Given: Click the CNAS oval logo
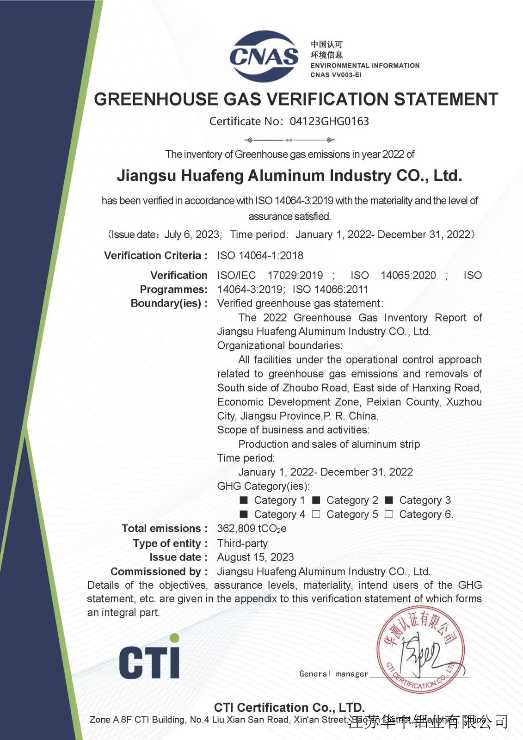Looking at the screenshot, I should (264, 56).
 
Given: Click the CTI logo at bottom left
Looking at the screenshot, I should (149, 658).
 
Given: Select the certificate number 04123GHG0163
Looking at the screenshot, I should (329, 122).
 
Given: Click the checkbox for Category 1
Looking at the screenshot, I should (244, 500).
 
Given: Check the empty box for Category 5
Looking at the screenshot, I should (316, 514).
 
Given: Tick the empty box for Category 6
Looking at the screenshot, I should (389, 514).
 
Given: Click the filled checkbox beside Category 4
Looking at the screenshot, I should (244, 514).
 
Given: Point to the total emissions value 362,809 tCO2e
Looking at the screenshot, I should (252, 529).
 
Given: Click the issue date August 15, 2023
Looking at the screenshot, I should (255, 557).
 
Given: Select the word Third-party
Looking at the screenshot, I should (242, 543).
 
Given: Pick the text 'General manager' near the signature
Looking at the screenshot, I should (333, 674).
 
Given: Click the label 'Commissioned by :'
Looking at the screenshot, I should (159, 572).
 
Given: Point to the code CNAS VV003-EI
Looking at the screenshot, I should (336, 75).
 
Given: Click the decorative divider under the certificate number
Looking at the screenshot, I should (289, 140).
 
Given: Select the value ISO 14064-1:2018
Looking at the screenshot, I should (260, 255).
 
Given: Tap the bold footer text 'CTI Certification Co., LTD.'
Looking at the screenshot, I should (289, 708).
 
